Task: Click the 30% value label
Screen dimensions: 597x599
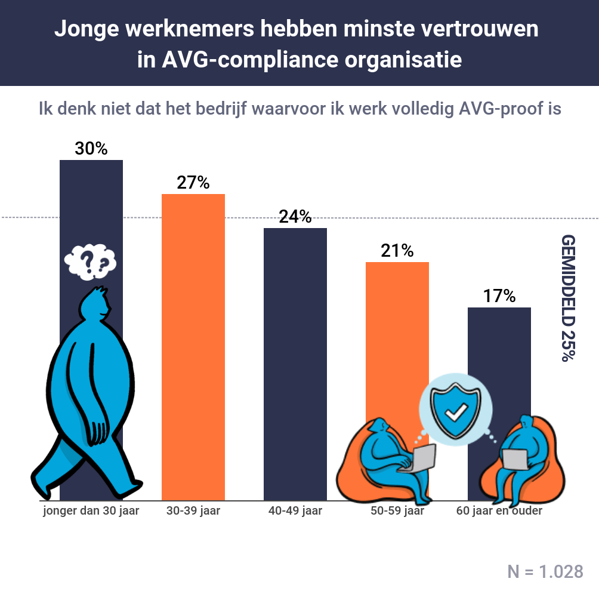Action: point(91,149)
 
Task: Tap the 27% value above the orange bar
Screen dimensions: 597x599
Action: point(193,183)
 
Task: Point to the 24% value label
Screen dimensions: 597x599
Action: point(295,217)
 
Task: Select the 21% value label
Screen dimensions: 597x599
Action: point(397,251)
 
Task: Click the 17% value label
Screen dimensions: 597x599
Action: point(499,296)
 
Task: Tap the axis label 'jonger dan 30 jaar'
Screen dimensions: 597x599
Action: point(91,511)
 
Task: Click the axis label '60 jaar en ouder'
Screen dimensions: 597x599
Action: point(499,511)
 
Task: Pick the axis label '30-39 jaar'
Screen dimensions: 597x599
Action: point(193,511)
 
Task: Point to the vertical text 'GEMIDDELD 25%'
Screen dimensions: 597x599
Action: point(569,298)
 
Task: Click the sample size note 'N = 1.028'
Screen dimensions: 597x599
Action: point(545,571)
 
